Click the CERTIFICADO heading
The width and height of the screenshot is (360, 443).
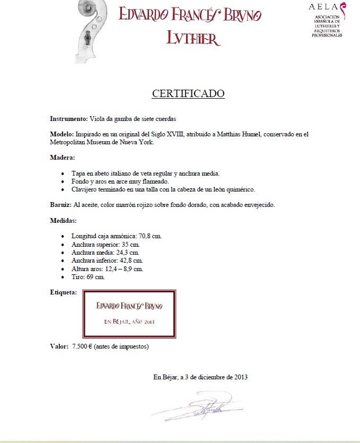[x=188, y=94]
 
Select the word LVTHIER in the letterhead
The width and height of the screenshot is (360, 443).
[x=193, y=37]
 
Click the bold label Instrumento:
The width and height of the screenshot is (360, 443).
[x=68, y=118]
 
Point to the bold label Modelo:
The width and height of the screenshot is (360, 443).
[x=62, y=134]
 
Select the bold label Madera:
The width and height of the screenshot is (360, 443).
[x=63, y=158]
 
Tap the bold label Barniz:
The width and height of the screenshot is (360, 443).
[x=61, y=205]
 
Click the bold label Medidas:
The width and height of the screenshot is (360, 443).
[x=64, y=220]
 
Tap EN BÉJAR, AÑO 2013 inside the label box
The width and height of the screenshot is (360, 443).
[x=129, y=322]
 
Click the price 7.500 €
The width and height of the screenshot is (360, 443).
[x=82, y=346]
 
